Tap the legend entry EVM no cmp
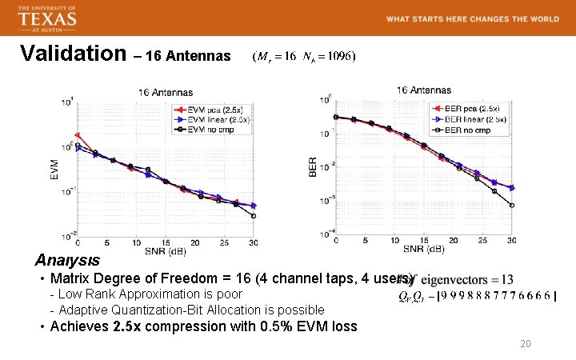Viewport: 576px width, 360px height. tap(210, 129)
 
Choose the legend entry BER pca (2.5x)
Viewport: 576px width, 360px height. tap(471, 109)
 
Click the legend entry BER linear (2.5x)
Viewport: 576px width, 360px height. tap(474, 119)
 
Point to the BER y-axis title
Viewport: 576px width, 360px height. tap(313, 166)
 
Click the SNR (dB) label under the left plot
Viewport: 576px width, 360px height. tap(166, 251)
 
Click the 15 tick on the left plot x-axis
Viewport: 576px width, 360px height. tap(166, 241)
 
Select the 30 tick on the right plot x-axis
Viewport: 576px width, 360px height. tap(512, 241)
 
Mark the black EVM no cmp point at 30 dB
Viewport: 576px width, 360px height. tap(254, 215)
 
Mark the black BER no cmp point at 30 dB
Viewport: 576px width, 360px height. tap(512, 205)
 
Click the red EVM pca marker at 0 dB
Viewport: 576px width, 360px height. tap(78, 135)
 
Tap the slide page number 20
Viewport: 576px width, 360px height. tap(526, 343)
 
